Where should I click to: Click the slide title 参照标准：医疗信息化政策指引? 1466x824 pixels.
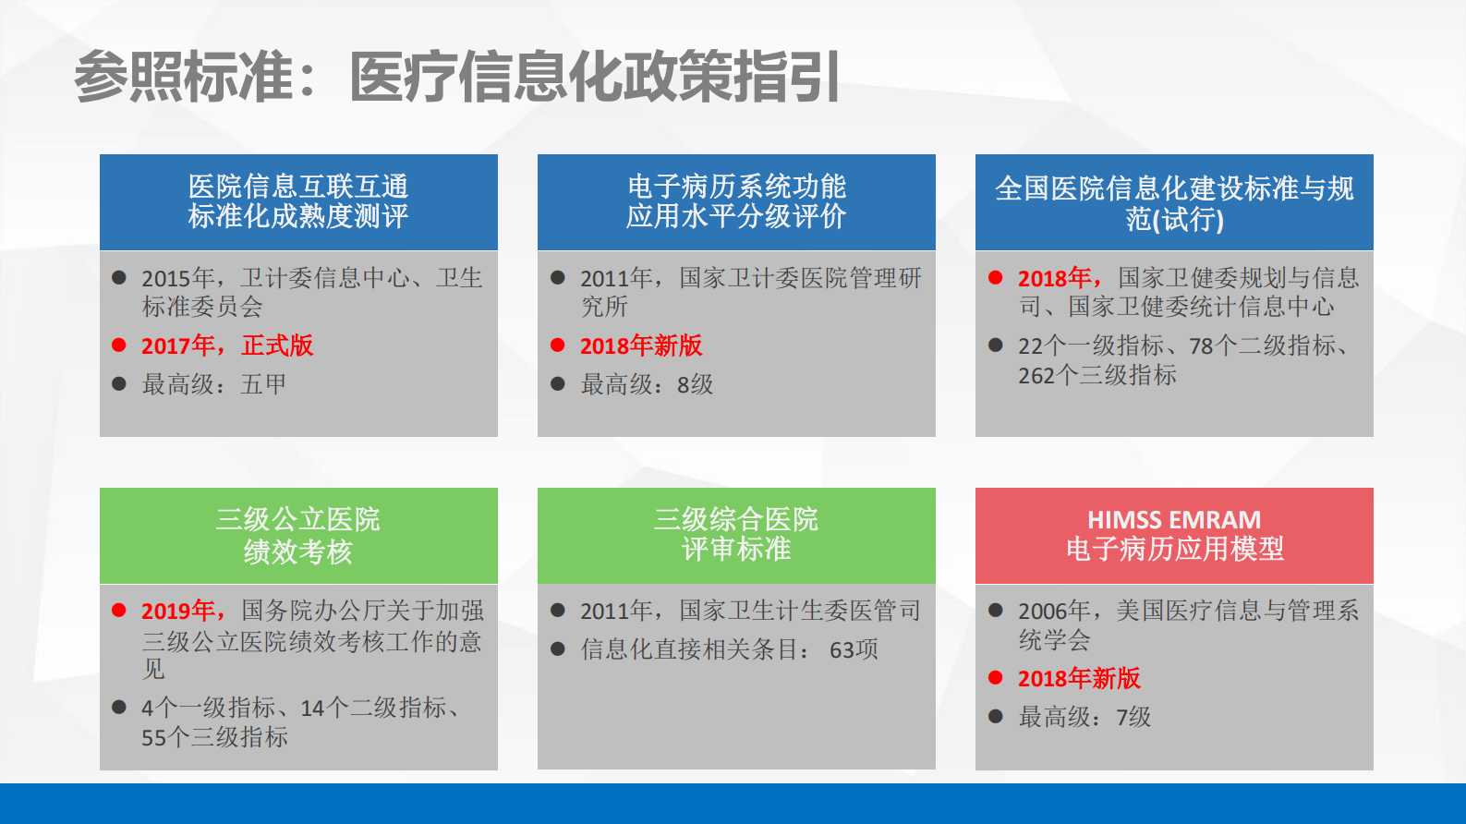(x=457, y=77)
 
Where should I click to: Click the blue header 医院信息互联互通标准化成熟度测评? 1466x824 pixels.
(x=298, y=201)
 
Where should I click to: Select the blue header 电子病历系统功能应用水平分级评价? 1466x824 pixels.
(x=736, y=201)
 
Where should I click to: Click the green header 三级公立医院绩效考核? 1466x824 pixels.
(x=298, y=535)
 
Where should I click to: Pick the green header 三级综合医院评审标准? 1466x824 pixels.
(x=736, y=534)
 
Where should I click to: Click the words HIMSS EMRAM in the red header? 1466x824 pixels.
(x=1173, y=520)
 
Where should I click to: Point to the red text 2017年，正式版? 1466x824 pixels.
(x=227, y=345)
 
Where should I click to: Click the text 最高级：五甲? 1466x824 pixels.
(x=213, y=384)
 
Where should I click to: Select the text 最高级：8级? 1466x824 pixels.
(x=647, y=384)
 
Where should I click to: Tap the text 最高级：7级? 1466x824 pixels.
(x=1084, y=717)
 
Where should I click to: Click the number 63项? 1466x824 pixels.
(x=854, y=650)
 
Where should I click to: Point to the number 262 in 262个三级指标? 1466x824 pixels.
(x=1036, y=376)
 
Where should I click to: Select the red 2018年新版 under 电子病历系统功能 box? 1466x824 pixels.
(x=641, y=345)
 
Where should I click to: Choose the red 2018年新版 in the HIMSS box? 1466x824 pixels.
(x=1079, y=678)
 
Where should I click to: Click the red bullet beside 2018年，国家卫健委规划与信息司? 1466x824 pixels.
(x=996, y=277)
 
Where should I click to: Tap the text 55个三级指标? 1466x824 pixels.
(x=214, y=737)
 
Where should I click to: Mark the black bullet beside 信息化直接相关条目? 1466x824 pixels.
(x=558, y=649)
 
